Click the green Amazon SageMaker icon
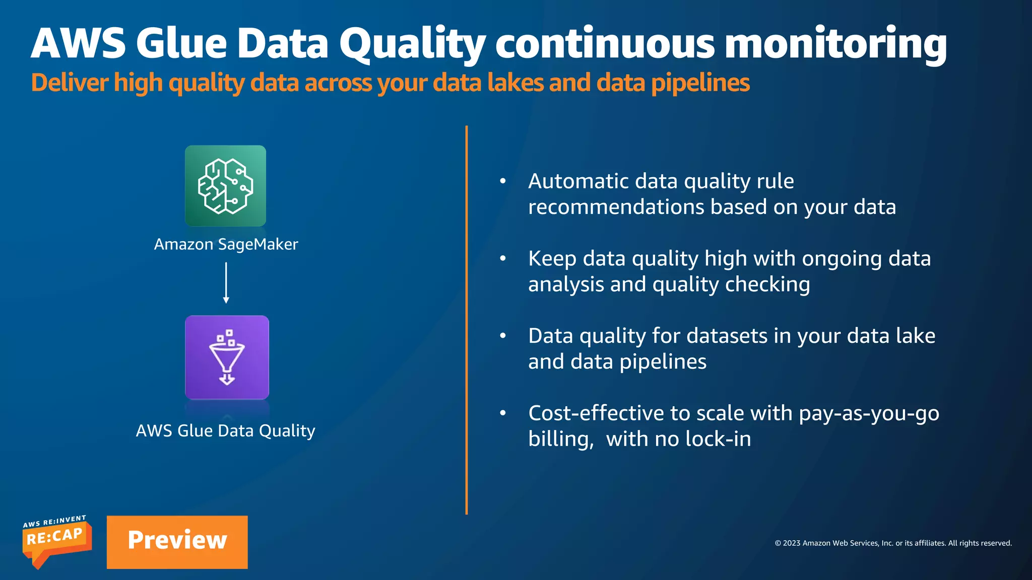coord(225,186)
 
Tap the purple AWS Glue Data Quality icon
coord(227,357)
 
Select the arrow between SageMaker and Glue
coord(226,282)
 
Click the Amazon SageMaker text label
coord(226,244)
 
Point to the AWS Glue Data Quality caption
coord(225,431)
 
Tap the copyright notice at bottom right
coord(893,543)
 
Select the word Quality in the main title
coord(412,44)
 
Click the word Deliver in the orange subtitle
coord(70,83)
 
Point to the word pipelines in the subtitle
coord(700,83)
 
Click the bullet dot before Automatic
coord(502,181)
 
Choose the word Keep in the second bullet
coord(552,258)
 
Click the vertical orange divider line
coord(467,320)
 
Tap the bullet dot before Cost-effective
coord(502,413)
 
